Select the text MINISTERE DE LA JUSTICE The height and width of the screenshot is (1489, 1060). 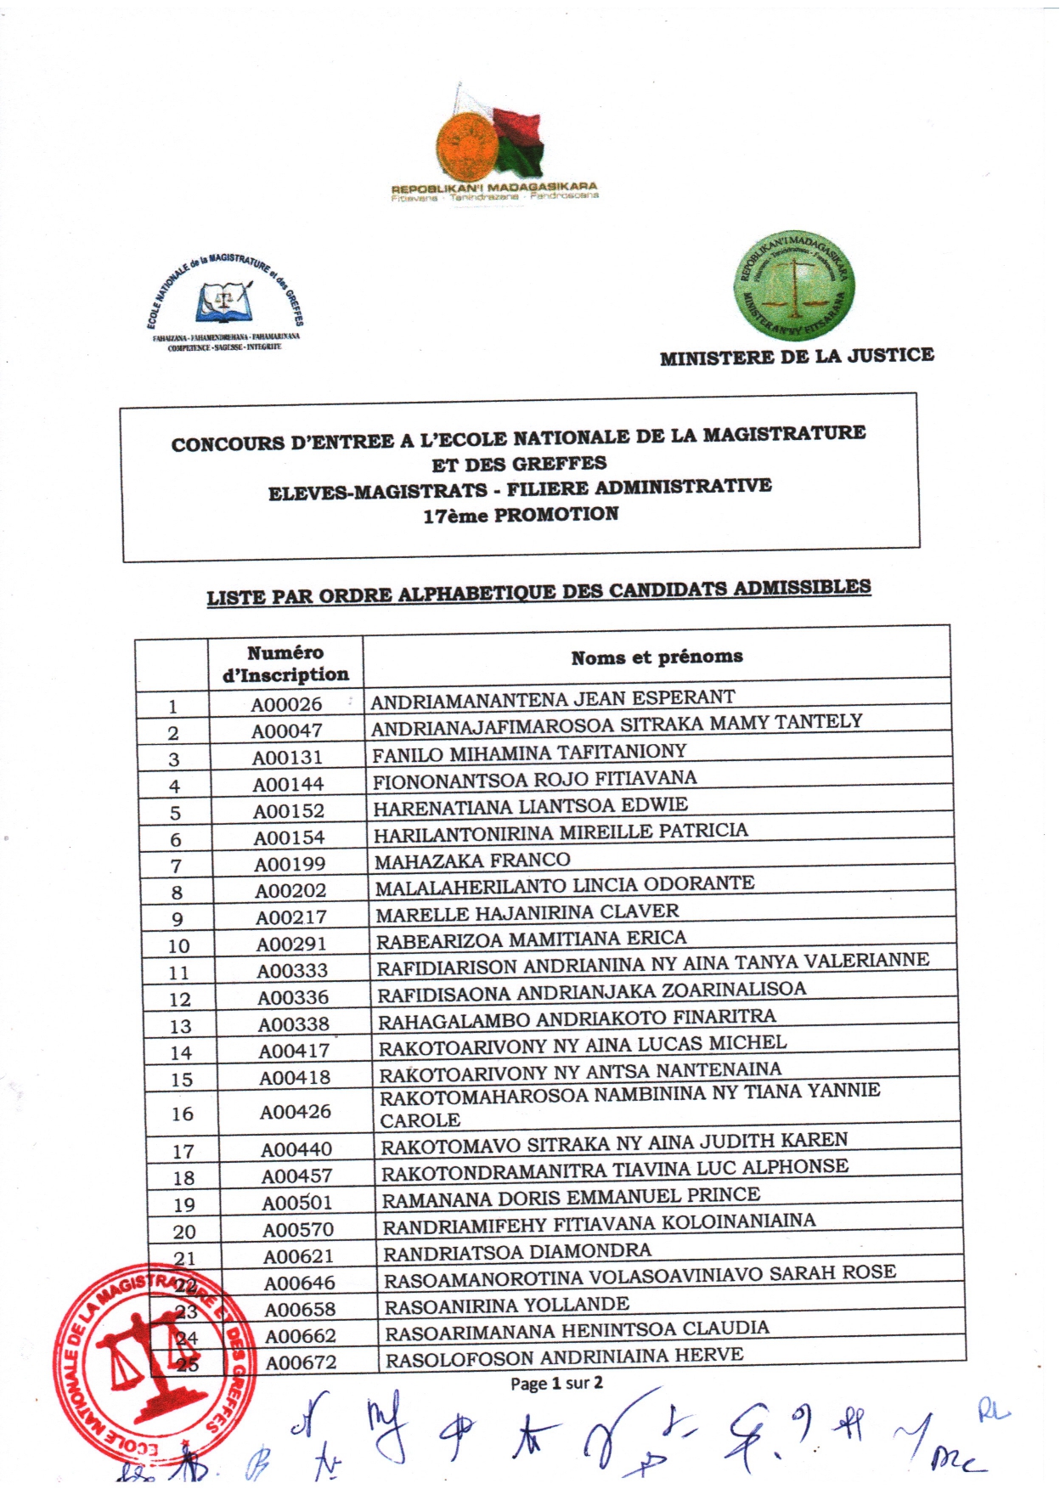click(x=797, y=357)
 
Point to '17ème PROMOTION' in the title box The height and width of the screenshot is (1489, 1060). click(x=521, y=515)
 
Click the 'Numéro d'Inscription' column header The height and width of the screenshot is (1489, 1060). click(x=285, y=664)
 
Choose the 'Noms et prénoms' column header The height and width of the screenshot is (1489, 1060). click(x=657, y=657)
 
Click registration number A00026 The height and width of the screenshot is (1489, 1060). click(x=286, y=704)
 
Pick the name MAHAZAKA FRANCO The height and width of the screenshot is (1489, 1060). click(x=472, y=861)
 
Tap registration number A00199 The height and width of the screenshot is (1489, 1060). click(x=290, y=864)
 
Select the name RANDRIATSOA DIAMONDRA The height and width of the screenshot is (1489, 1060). click(x=517, y=1252)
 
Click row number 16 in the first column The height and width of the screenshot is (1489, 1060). click(x=183, y=1114)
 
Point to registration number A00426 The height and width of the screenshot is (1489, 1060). click(x=296, y=1112)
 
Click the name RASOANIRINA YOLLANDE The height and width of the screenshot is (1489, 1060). click(x=507, y=1306)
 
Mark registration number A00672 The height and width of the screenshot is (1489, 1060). click(x=301, y=1362)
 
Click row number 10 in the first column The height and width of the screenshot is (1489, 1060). click(x=179, y=945)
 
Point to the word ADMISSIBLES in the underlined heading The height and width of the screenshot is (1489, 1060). click(x=802, y=588)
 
